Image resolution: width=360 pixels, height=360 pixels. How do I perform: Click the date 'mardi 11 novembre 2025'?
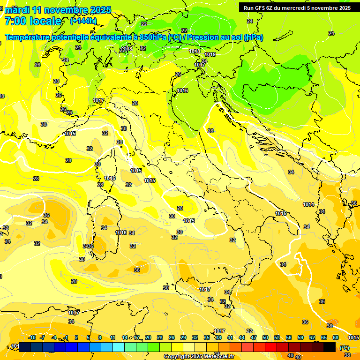(x=58, y=10)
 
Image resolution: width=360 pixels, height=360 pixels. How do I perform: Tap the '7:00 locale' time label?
(x=33, y=21)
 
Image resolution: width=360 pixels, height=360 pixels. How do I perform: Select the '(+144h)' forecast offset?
(x=83, y=21)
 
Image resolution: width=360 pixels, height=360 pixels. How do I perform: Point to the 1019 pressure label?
(x=210, y=55)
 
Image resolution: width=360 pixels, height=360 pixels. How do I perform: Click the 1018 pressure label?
(x=195, y=51)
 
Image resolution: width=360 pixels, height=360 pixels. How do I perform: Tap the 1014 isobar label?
(x=308, y=204)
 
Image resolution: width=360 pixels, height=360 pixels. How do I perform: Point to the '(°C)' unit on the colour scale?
(x=344, y=348)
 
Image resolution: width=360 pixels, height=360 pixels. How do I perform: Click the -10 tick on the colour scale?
(x=32, y=337)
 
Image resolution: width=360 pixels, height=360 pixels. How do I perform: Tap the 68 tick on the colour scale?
(x=336, y=337)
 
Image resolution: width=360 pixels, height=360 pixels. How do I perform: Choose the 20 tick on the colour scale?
(x=148, y=337)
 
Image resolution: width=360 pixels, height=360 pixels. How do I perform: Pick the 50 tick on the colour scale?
(x=265, y=337)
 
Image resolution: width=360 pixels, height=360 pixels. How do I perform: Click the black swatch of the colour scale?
(x=330, y=347)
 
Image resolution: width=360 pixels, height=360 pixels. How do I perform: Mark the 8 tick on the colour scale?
(x=100, y=337)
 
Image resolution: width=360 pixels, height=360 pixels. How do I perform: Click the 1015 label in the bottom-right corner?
(x=354, y=337)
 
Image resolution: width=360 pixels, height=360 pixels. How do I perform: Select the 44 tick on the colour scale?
(x=242, y=337)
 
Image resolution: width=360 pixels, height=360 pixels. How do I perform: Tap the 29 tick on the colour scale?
(x=183, y=337)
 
